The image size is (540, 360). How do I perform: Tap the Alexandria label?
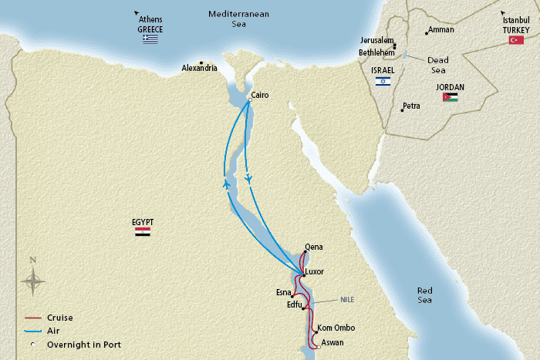click(x=199, y=68)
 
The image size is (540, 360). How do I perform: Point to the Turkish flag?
click(x=516, y=39)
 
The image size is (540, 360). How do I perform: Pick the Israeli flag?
click(x=383, y=80)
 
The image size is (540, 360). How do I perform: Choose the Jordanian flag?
click(x=450, y=97)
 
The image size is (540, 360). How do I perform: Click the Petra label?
click(x=411, y=106)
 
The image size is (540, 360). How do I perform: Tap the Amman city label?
click(x=441, y=30)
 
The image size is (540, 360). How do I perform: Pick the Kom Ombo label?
click(x=336, y=327)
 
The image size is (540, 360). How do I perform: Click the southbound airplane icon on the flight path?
click(x=248, y=177)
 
